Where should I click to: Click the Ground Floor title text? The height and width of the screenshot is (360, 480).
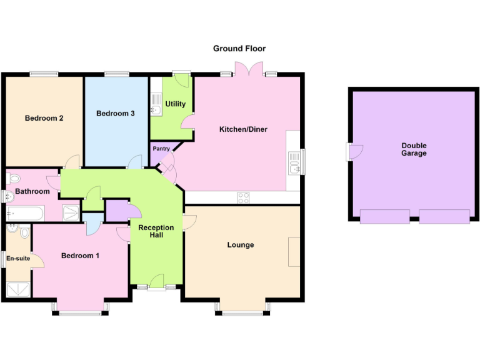pos(239,48)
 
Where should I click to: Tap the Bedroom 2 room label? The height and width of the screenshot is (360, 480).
pos(44,117)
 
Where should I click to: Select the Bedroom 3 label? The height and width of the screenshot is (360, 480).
pos(115,113)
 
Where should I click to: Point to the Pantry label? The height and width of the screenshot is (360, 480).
pos(161,149)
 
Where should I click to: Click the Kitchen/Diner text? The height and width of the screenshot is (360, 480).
pos(243,129)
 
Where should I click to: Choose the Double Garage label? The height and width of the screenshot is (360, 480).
pos(414,149)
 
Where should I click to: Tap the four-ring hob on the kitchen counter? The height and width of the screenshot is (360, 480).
pos(243,197)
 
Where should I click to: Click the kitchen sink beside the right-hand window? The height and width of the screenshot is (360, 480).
pos(294,166)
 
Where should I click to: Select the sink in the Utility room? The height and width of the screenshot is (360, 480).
pos(156,110)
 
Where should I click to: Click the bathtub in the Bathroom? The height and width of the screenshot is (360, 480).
pos(25,214)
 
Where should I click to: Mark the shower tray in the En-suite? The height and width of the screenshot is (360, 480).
pos(17,289)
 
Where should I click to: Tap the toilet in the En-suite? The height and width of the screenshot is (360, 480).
pos(24,232)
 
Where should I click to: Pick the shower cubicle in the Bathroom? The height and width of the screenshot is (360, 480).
pos(71,213)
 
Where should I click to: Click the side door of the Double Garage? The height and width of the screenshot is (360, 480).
pos(354,152)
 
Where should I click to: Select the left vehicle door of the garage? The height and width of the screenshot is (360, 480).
pos(384,217)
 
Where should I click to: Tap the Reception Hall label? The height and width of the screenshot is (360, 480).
pos(156,231)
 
